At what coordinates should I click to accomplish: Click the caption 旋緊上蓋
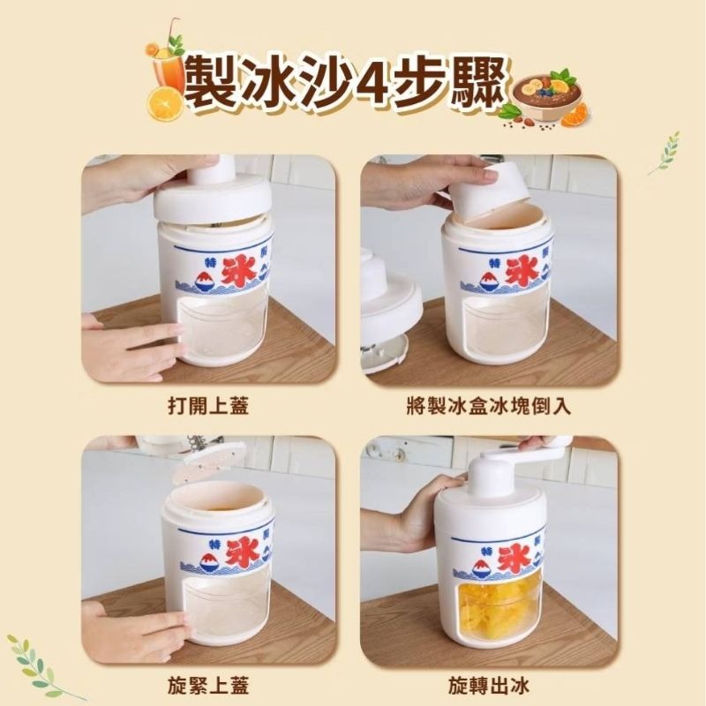[x=208, y=686]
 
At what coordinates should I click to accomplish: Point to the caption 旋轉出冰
[x=489, y=686]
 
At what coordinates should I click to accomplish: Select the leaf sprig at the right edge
[x=665, y=153]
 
